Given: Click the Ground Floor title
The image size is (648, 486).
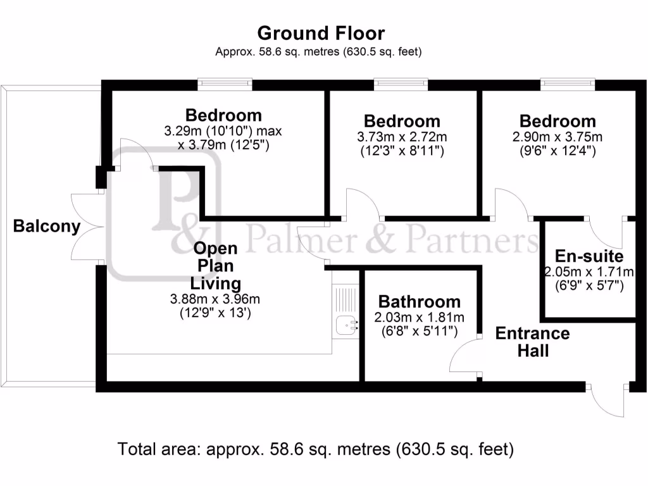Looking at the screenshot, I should [x=321, y=33].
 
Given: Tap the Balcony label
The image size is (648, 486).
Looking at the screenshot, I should [x=47, y=226].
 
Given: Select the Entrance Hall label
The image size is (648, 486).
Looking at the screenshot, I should [x=532, y=342].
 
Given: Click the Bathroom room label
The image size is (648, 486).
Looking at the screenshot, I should [x=419, y=302].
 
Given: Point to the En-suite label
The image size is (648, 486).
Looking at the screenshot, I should [x=589, y=256].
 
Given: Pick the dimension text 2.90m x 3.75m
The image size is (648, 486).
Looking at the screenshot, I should [x=558, y=137].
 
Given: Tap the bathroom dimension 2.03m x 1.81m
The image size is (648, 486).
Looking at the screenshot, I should [x=419, y=317].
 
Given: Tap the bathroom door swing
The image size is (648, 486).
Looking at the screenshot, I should [x=464, y=358].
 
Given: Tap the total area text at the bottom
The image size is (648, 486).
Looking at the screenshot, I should [x=315, y=449].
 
